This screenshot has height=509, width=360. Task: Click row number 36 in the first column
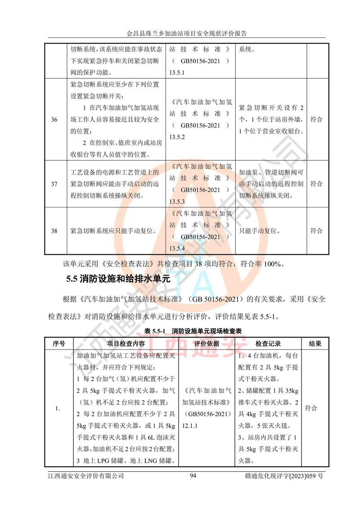click(x=54, y=120)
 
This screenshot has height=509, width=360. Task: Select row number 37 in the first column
click(x=54, y=184)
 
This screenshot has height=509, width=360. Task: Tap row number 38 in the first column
click(x=54, y=231)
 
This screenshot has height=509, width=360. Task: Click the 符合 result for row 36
click(x=317, y=120)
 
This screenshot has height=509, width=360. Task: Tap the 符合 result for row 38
click(x=317, y=231)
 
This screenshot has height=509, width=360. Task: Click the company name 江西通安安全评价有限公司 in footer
click(x=85, y=476)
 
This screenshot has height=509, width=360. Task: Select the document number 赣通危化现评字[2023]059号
click(x=281, y=476)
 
